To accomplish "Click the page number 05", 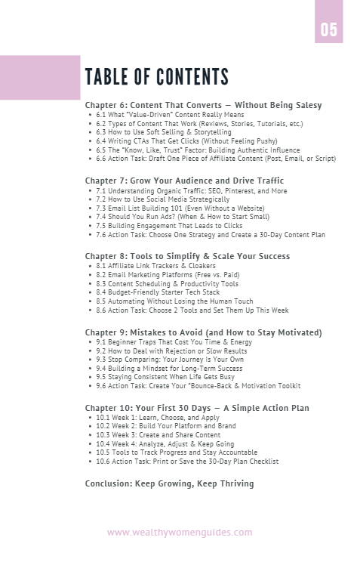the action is click(328, 30).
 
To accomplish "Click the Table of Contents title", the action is click(157, 77).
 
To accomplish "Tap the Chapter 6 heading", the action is click(203, 105).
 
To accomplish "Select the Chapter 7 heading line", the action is click(184, 181).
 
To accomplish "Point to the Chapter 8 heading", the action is click(187, 256).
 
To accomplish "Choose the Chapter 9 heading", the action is click(203, 332).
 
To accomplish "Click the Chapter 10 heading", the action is click(197, 408).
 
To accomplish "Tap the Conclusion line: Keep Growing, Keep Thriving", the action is click(169, 483).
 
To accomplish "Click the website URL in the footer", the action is click(180, 533).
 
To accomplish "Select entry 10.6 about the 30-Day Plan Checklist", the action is click(187, 461).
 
